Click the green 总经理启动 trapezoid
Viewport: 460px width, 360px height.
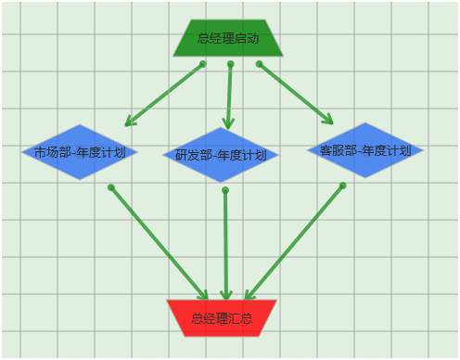(228, 38)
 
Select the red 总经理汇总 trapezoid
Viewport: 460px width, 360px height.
(222, 317)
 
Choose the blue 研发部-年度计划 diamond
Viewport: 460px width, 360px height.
(221, 155)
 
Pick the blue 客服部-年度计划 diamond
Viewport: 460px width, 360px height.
(364, 149)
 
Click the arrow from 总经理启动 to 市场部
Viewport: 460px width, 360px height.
(165, 94)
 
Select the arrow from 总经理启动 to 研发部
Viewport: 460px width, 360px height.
(229, 93)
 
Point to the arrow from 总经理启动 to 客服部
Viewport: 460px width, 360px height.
(295, 92)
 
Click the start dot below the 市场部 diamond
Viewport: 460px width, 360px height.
(111, 187)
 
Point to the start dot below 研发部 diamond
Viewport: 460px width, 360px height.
(225, 190)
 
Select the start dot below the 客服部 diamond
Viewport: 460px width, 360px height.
(342, 186)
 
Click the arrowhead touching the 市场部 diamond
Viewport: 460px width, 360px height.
(131, 121)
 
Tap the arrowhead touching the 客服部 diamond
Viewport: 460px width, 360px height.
(327, 119)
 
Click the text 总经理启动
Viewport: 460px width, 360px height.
(228, 39)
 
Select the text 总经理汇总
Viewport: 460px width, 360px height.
(222, 318)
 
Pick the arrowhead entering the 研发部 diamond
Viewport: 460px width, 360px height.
(228, 122)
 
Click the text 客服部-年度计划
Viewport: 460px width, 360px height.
(364, 149)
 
